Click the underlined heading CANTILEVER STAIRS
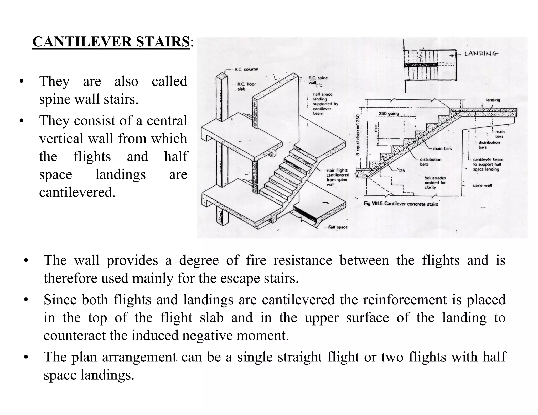(111, 42)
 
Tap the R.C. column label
(246, 70)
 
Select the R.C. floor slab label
(246, 87)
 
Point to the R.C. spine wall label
(318, 80)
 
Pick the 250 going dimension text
(389, 114)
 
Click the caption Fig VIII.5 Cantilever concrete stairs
(401, 204)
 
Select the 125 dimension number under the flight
(401, 171)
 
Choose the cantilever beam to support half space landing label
(488, 164)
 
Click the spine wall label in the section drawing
(482, 185)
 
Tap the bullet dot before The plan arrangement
(25, 358)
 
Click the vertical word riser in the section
(376, 128)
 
